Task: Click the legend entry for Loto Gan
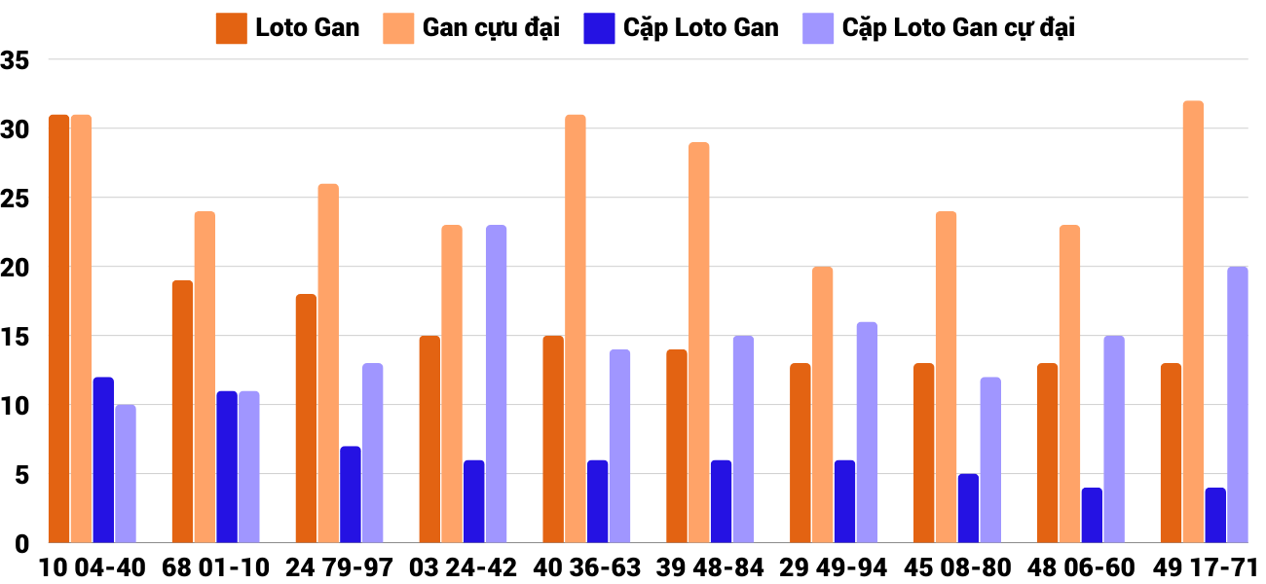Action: click(x=288, y=27)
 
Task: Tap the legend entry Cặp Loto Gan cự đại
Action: click(x=939, y=27)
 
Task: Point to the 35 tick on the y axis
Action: click(x=17, y=60)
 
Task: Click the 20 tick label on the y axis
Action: click(x=17, y=268)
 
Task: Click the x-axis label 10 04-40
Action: click(x=93, y=567)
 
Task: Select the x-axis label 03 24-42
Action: click(x=463, y=567)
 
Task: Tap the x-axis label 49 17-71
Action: click(x=1205, y=567)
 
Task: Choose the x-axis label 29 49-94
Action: click(x=834, y=567)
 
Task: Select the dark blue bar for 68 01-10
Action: click(x=227, y=467)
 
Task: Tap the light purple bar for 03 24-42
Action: click(x=496, y=384)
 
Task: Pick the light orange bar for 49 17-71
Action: click(x=1193, y=322)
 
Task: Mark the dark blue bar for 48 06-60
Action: click(x=1092, y=515)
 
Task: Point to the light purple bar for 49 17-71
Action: click(x=1237, y=405)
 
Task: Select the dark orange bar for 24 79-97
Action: click(x=306, y=419)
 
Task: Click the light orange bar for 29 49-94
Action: click(x=823, y=405)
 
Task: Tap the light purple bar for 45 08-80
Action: click(x=990, y=459)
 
